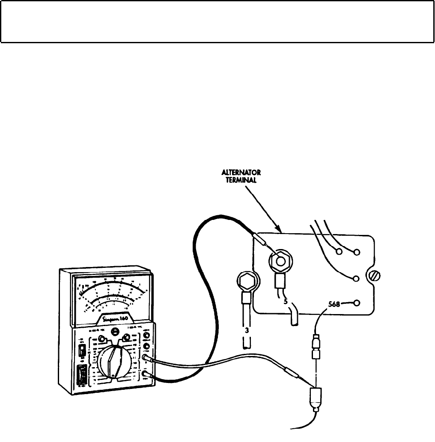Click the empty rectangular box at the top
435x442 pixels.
pos(217,21)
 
